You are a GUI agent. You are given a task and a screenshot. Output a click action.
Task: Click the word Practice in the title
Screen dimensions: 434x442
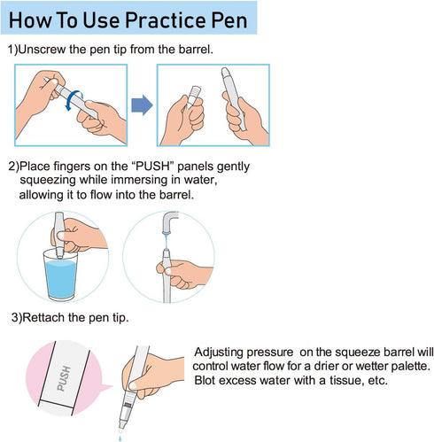[166, 20]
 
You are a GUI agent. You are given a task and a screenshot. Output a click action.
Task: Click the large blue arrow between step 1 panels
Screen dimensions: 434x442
[142, 105]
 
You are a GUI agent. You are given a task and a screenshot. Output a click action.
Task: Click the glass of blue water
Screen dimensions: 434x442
[60, 275]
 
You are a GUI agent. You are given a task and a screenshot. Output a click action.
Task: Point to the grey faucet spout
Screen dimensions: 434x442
[169, 221]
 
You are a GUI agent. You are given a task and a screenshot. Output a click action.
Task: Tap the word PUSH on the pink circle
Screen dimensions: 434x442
[64, 378]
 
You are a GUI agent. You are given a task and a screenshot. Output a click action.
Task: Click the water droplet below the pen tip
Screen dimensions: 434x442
[120, 438]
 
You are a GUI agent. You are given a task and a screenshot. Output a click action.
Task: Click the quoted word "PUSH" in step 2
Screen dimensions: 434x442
[153, 167]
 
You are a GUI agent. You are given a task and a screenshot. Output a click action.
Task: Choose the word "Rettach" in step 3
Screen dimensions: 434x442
[43, 318]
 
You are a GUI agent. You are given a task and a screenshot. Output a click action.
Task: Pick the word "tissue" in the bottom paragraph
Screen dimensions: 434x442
[346, 380]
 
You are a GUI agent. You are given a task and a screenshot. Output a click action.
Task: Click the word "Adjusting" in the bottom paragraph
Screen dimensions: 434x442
[219, 353]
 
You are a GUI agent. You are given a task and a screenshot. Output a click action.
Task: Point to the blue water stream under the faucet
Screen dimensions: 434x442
[167, 241]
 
